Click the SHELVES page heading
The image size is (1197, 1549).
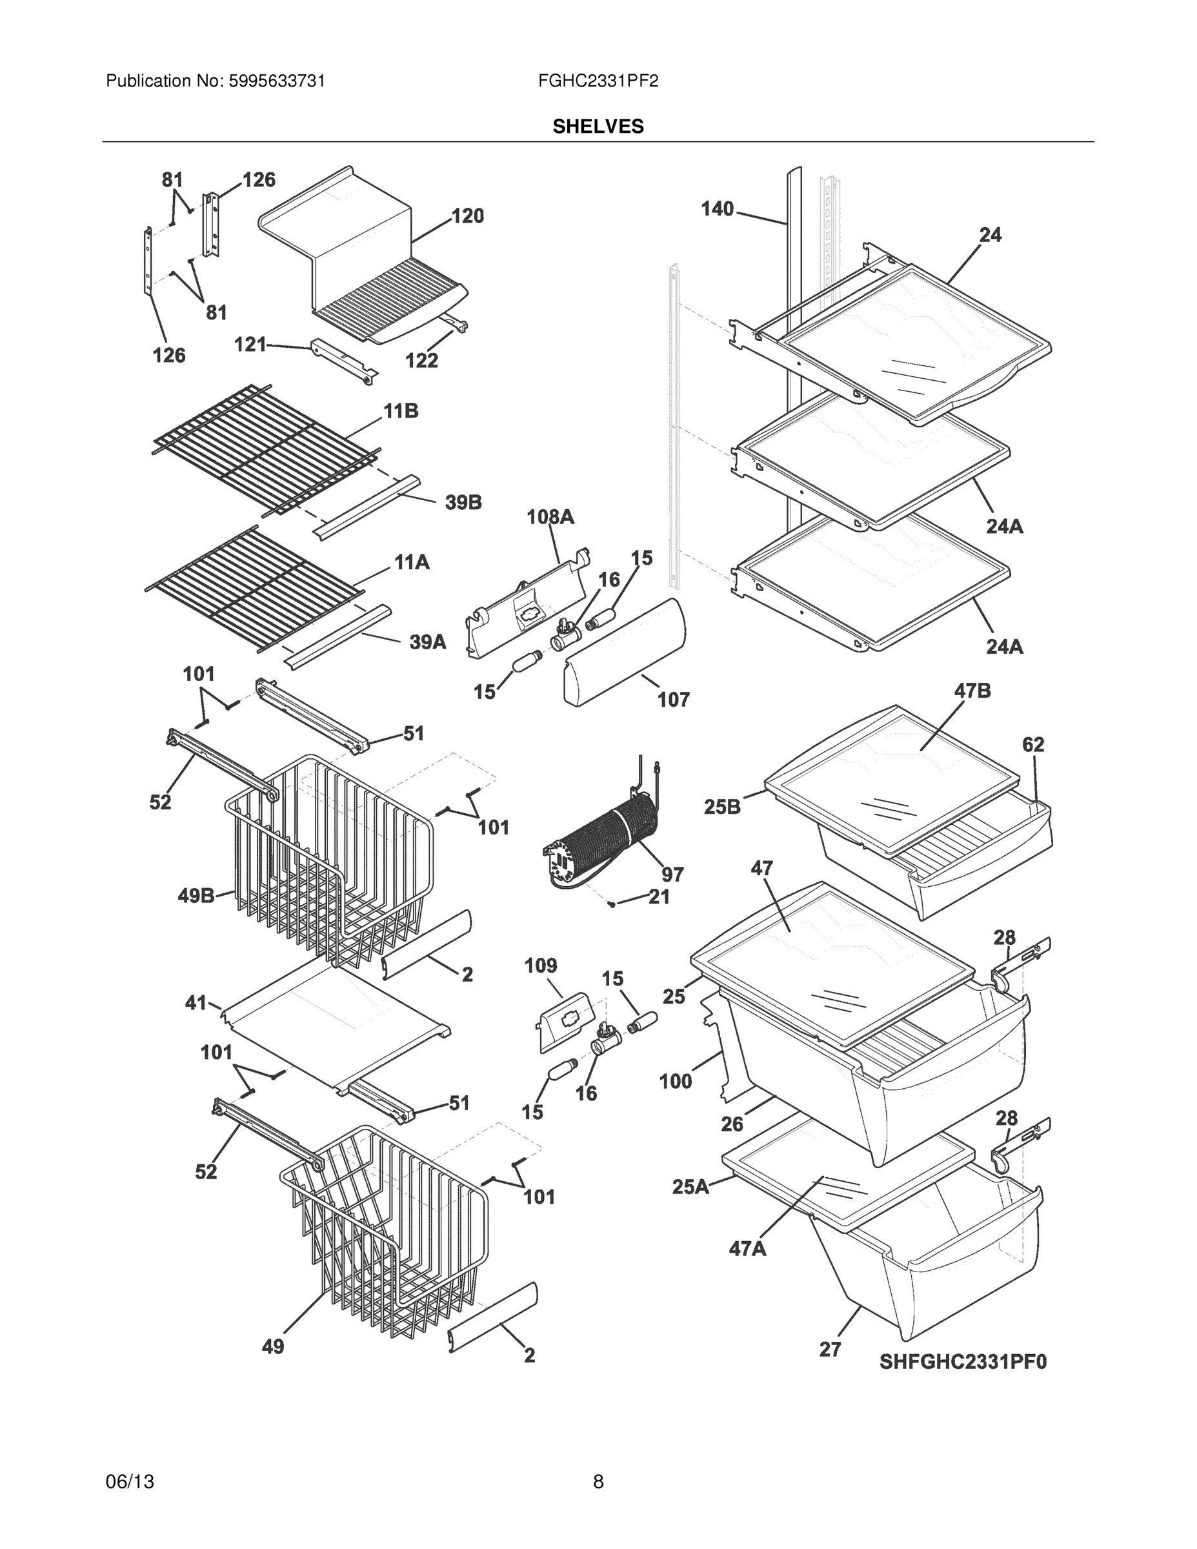coord(598,127)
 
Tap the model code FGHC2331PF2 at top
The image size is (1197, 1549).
coord(598,81)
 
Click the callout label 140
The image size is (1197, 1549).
coord(717,209)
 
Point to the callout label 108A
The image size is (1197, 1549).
coord(550,517)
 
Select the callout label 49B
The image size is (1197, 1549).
coord(196,896)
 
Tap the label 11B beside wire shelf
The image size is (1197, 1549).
coord(401,410)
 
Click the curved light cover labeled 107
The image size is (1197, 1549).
coord(624,652)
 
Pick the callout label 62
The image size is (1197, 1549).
coord(1033,744)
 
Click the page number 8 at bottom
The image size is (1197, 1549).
coord(598,1482)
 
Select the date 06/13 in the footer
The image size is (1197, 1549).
coord(130,1482)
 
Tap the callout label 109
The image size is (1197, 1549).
coord(540,966)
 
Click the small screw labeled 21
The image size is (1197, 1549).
coord(610,904)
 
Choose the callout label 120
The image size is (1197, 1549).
coord(467,216)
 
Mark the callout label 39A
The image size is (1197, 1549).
coord(428,642)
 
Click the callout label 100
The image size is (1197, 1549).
coord(675,1081)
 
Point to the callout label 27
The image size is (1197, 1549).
coord(830,1350)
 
